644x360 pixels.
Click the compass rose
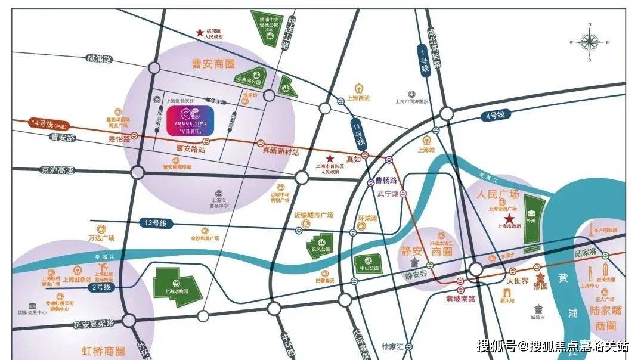589,42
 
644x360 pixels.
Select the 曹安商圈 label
213,64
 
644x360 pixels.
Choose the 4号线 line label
496,114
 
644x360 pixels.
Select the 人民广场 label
498,194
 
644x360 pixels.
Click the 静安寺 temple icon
414,264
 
